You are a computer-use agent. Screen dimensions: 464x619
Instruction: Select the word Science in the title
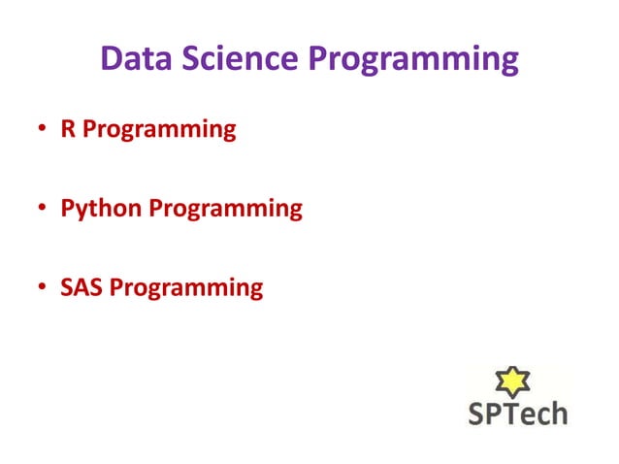tap(241, 60)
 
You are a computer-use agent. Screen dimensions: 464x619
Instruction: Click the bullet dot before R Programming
tap(43, 130)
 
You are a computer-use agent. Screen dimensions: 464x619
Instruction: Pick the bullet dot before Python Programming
tap(43, 210)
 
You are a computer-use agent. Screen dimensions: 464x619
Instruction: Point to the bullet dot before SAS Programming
tap(43, 289)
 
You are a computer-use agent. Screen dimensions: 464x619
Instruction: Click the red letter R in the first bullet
tap(67, 129)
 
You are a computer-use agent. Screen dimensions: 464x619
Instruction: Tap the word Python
tap(100, 210)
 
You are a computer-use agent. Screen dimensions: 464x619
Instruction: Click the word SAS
tap(81, 288)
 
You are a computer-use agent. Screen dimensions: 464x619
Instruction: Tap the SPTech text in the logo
tap(518, 413)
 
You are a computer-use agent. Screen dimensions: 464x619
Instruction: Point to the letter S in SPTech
tap(477, 413)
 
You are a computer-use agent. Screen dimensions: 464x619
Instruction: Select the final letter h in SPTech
tap(558, 413)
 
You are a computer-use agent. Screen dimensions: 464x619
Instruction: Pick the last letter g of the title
tap(507, 64)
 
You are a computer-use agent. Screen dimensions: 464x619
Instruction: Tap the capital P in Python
tap(67, 209)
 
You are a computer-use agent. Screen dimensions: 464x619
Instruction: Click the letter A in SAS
tap(81, 288)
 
